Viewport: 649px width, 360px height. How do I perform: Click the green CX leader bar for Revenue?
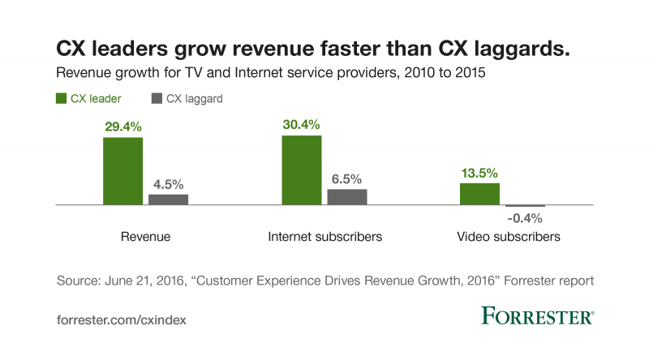click(x=123, y=171)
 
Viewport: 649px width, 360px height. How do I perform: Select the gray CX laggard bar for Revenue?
click(x=168, y=199)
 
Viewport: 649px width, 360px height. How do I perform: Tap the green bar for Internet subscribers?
click(x=302, y=170)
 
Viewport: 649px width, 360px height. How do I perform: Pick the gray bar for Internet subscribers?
click(x=347, y=197)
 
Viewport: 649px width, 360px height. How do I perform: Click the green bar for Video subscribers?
click(x=480, y=194)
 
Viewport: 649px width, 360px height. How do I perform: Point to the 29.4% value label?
click(x=122, y=127)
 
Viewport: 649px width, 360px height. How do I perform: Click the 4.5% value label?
click(x=168, y=184)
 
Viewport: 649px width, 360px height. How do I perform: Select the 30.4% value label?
click(x=302, y=125)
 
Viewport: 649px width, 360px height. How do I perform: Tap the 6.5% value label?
click(x=347, y=179)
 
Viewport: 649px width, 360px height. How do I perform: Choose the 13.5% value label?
click(x=480, y=173)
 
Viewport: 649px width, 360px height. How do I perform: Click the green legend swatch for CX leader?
click(x=62, y=99)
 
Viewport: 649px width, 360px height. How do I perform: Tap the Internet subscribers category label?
click(x=324, y=238)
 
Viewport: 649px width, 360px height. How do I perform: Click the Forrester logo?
click(x=538, y=316)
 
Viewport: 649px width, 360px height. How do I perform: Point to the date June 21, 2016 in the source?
click(x=154, y=281)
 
